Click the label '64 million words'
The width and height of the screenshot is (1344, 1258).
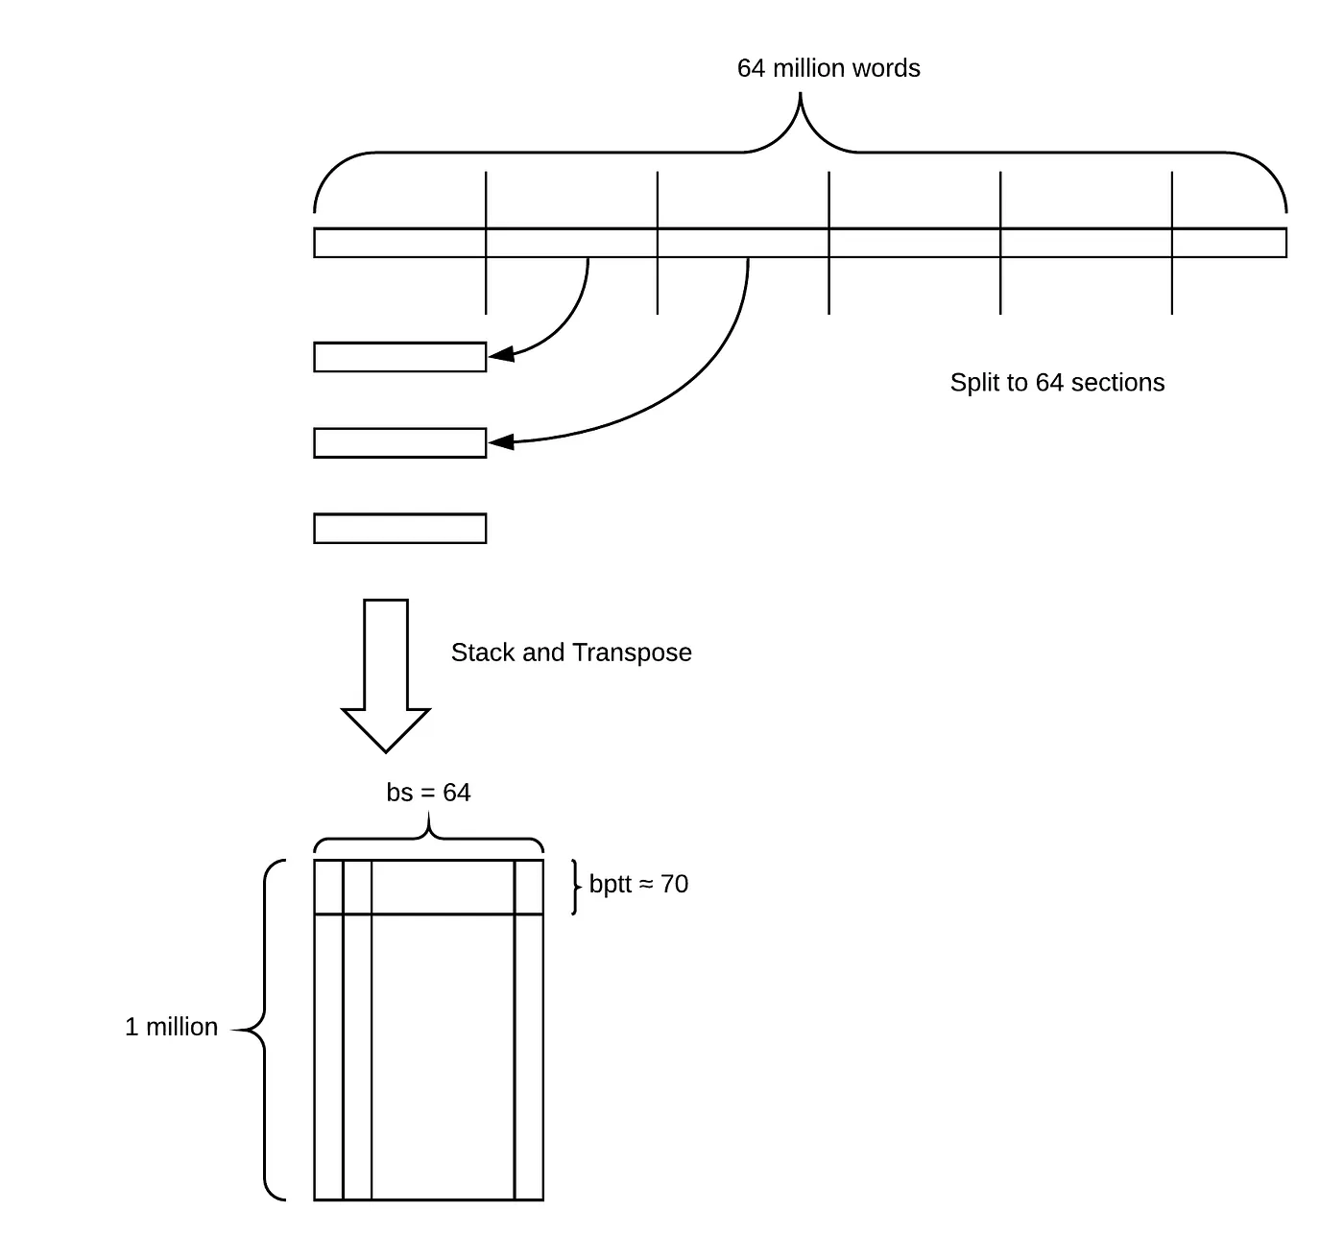pos(828,68)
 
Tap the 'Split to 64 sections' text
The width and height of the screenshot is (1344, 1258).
pos(1057,382)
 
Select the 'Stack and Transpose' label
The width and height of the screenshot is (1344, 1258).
pos(571,653)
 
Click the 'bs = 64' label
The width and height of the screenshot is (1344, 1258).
pos(428,793)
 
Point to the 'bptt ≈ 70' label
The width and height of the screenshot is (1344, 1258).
pos(638,884)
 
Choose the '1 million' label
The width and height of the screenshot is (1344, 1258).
pos(171,1027)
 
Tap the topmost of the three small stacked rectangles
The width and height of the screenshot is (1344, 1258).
pos(399,357)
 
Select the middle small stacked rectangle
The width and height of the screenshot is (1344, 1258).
pos(399,443)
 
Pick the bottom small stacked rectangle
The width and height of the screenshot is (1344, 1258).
pos(399,529)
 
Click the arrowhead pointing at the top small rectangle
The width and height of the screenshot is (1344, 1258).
pos(500,355)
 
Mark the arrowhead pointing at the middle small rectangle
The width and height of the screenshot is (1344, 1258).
pos(501,442)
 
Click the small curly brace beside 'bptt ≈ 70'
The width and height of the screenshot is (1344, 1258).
pos(575,887)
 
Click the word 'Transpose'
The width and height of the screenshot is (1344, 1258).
pos(632,653)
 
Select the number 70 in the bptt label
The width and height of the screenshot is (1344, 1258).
pos(674,884)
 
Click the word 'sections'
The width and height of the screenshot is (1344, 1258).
pos(1117,382)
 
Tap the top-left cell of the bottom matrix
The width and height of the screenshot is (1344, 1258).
pos(328,888)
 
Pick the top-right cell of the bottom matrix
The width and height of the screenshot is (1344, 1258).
pos(529,888)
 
